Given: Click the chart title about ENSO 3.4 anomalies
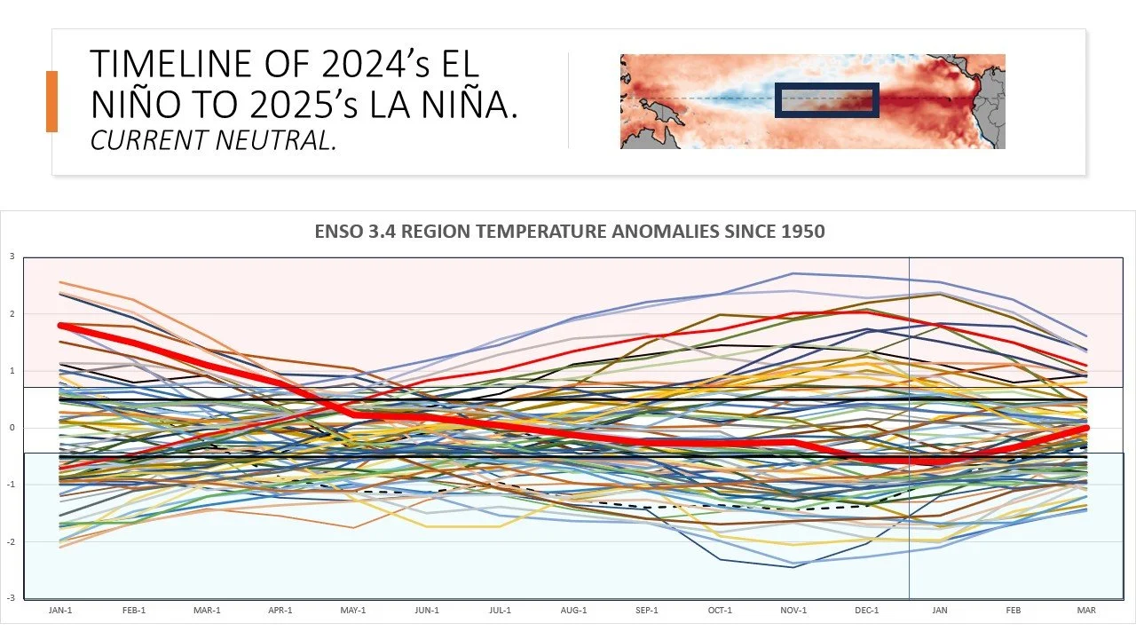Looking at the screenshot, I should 570,232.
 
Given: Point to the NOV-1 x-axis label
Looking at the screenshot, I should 793,611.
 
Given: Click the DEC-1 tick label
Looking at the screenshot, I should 866,611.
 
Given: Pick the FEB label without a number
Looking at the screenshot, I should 1013,611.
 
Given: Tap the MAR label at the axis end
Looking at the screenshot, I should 1085,611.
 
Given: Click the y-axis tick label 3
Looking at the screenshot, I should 12,256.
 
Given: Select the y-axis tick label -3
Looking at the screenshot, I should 11,598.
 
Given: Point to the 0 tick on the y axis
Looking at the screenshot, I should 12,428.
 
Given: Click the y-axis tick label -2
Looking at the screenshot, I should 11,541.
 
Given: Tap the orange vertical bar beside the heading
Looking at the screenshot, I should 51,101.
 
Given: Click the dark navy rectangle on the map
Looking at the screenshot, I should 826,100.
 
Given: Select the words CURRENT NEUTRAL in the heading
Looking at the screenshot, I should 214,139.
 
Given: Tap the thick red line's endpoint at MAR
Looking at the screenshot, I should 1085,428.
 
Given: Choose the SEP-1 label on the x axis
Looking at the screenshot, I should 647,611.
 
